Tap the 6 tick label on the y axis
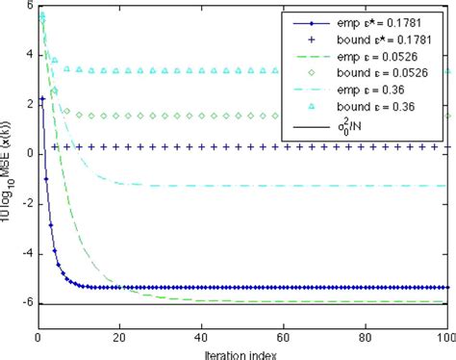[x=28, y=7]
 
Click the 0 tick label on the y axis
[x=28, y=154]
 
